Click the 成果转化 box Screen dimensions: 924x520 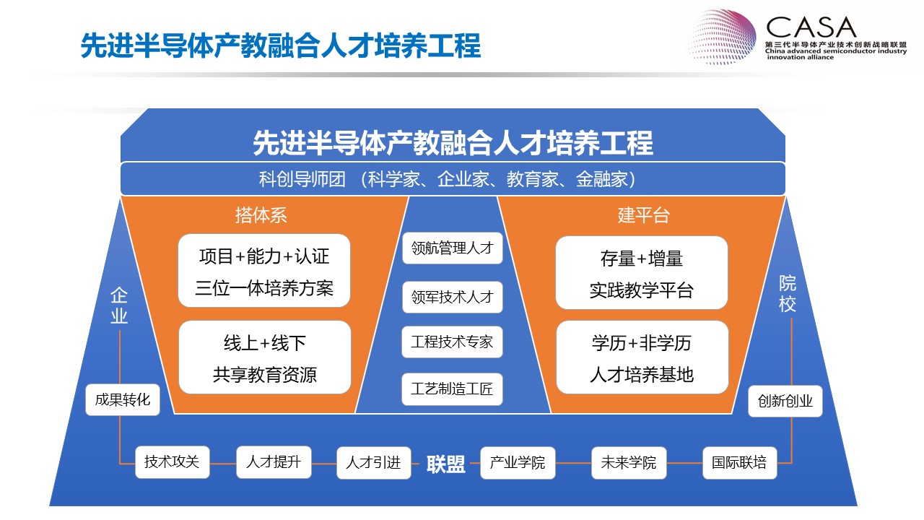[x=123, y=399]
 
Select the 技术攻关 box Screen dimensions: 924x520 [x=173, y=461]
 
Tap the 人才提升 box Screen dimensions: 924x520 [x=274, y=461]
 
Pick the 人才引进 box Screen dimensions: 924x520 [x=374, y=463]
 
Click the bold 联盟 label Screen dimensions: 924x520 [x=446, y=464]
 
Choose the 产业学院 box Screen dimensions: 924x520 [x=518, y=463]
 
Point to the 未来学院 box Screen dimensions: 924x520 [x=629, y=463]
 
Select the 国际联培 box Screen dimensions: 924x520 [x=740, y=463]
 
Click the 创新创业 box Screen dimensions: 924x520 [x=785, y=401]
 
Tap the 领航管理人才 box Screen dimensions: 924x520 [x=453, y=248]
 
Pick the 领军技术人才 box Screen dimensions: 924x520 [x=453, y=297]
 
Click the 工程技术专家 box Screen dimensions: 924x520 [x=452, y=342]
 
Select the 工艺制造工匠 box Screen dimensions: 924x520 [x=452, y=389]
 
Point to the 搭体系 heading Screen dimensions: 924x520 [x=261, y=215]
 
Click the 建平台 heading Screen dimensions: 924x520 [x=643, y=215]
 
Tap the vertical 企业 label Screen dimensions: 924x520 [x=119, y=305]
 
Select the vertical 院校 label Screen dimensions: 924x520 [x=788, y=294]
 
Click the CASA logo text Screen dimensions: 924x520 [x=811, y=27]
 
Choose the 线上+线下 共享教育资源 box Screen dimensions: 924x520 [x=265, y=357]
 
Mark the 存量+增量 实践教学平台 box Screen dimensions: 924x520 [x=642, y=273]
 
